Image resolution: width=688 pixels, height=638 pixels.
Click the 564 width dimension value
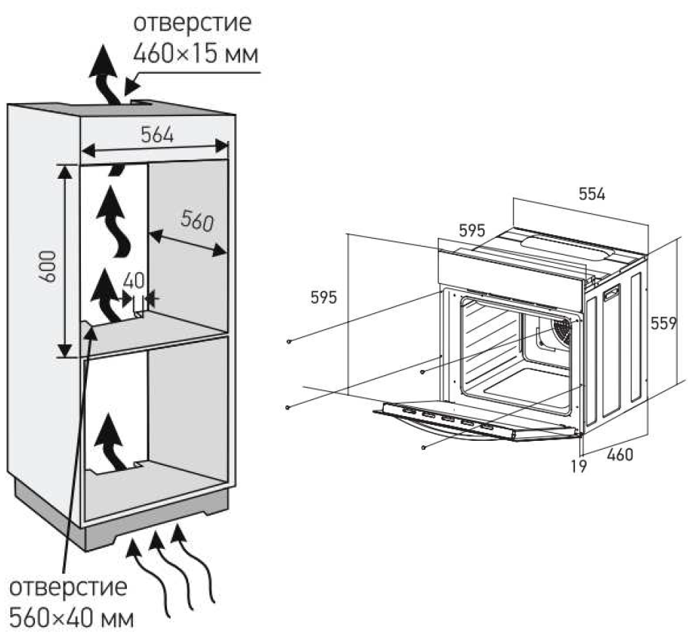click(156, 134)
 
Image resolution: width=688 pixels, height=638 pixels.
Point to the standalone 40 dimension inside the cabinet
click(134, 281)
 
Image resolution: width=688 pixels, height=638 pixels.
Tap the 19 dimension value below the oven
click(579, 465)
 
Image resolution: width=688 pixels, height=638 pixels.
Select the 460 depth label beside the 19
click(619, 455)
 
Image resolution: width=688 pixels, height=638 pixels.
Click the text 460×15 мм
click(196, 53)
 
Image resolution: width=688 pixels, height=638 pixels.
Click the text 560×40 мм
click(72, 618)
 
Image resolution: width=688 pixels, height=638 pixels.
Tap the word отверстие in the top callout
click(193, 23)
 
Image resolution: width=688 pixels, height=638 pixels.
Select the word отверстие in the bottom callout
click(69, 587)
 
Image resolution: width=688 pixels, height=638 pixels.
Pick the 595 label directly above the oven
click(471, 230)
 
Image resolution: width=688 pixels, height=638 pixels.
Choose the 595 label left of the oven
click(324, 298)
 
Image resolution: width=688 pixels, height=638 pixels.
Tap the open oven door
click(474, 422)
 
